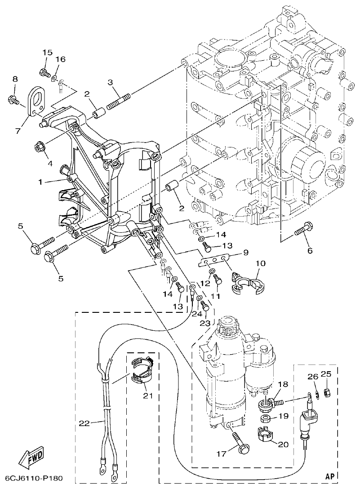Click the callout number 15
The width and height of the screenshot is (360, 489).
coord(47,53)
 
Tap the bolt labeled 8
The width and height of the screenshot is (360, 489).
coord(13,99)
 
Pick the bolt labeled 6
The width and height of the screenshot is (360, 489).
coord(303,230)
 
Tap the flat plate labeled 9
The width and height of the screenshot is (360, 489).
coord(214,260)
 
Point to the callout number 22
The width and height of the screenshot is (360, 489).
coord(84,423)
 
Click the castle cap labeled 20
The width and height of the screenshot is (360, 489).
coord(264,436)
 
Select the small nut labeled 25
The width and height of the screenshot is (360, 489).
coord(328,392)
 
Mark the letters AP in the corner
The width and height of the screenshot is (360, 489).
coord(330,475)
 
